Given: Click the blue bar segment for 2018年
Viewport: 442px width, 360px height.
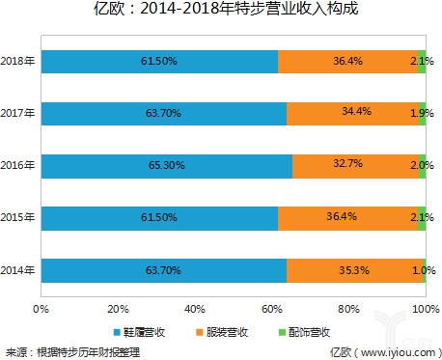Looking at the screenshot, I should pyautogui.click(x=159, y=62).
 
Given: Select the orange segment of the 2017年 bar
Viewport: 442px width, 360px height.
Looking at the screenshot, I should pyautogui.click(x=355, y=113).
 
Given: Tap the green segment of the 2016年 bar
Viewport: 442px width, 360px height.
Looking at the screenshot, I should pyautogui.click(x=422, y=165).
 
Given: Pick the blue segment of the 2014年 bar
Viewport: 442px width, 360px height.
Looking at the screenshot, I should pyautogui.click(x=163, y=271).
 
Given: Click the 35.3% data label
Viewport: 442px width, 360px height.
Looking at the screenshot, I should pyautogui.click(x=355, y=271).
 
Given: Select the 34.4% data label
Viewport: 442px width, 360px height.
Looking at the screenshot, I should pyautogui.click(x=356, y=113).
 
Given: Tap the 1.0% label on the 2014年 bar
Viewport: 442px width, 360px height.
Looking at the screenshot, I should pyautogui.click(x=421, y=271).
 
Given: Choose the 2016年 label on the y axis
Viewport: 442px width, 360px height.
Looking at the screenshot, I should pyautogui.click(x=19, y=166).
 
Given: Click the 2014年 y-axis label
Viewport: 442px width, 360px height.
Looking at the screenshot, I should pyautogui.click(x=19, y=271).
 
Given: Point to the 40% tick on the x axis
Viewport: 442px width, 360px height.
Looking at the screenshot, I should pyautogui.click(x=194, y=310).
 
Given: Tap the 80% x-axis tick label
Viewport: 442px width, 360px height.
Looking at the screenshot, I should pyautogui.click(x=347, y=310).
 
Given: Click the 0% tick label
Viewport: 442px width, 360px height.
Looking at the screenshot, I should pyautogui.click(x=41, y=310).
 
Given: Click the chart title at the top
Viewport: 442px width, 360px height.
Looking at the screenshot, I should pyautogui.click(x=221, y=13).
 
